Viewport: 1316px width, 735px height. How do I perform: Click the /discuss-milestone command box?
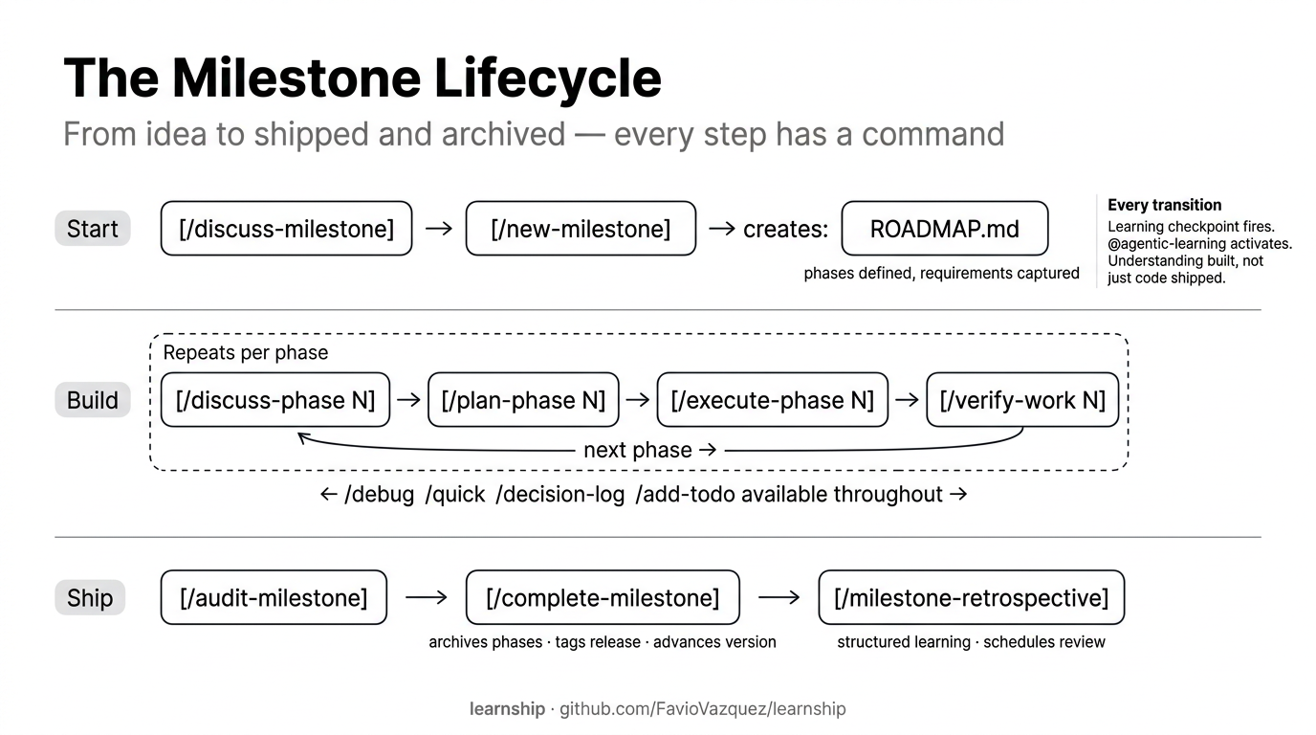(x=286, y=229)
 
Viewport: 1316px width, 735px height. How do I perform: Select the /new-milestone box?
(x=581, y=229)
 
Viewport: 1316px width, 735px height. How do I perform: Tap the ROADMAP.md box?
(x=944, y=229)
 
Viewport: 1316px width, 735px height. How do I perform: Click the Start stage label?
(x=93, y=229)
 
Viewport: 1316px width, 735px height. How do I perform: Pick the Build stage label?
(x=93, y=400)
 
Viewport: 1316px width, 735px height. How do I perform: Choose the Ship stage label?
(x=90, y=598)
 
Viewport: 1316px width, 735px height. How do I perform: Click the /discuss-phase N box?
(x=275, y=400)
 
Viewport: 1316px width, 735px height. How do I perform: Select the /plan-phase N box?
(x=523, y=400)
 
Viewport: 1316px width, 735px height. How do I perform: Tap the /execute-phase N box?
(x=772, y=400)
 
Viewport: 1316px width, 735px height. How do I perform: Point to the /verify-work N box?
(x=1022, y=400)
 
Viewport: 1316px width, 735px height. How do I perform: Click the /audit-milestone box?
(x=274, y=598)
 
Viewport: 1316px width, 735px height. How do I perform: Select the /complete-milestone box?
(x=603, y=598)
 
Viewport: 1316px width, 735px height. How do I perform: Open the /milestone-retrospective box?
(x=971, y=598)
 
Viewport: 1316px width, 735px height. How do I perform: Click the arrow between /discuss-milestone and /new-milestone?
(x=438, y=230)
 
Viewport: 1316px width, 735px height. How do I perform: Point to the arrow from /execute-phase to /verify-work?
(x=907, y=401)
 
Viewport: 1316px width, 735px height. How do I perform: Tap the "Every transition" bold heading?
(x=1164, y=205)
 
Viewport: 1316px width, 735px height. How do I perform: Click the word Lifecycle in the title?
(x=547, y=78)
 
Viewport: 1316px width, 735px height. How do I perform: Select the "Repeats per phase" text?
(x=246, y=352)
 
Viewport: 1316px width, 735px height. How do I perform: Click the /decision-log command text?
(x=559, y=495)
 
